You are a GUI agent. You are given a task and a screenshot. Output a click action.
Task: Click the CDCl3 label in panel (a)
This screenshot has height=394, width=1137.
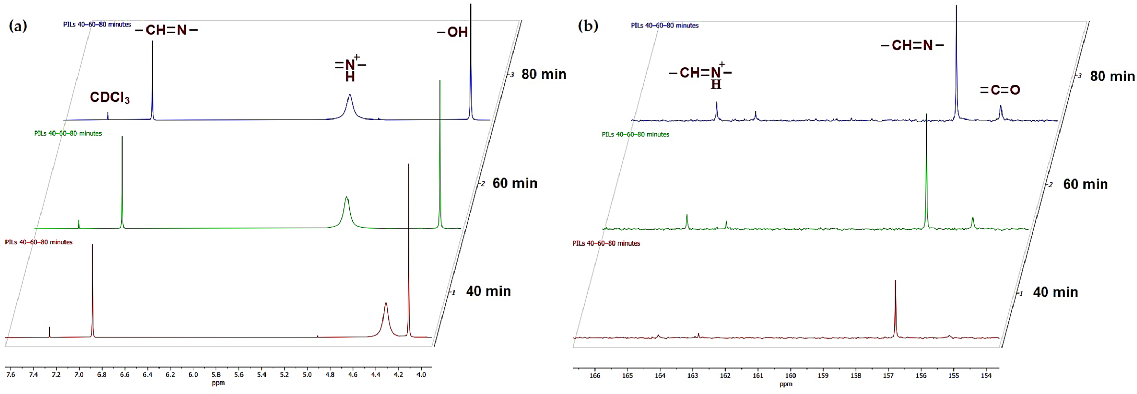point(109,98)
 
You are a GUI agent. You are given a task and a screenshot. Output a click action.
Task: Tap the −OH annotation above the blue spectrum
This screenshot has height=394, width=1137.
point(452,32)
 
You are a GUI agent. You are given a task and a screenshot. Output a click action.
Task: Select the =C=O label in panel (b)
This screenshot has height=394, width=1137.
point(1000,90)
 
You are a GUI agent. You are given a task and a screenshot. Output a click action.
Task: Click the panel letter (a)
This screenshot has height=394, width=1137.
point(18,26)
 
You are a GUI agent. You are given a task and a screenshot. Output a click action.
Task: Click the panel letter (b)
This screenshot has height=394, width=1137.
point(588,26)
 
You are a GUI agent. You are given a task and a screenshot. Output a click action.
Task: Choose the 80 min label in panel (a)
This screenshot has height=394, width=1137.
point(544,74)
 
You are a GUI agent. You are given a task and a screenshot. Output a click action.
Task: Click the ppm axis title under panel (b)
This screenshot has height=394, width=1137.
point(786,384)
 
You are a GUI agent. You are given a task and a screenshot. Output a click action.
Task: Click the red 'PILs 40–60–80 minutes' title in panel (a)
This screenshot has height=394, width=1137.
point(39,242)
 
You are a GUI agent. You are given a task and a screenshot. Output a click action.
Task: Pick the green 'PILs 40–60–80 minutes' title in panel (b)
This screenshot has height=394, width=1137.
point(635,134)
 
